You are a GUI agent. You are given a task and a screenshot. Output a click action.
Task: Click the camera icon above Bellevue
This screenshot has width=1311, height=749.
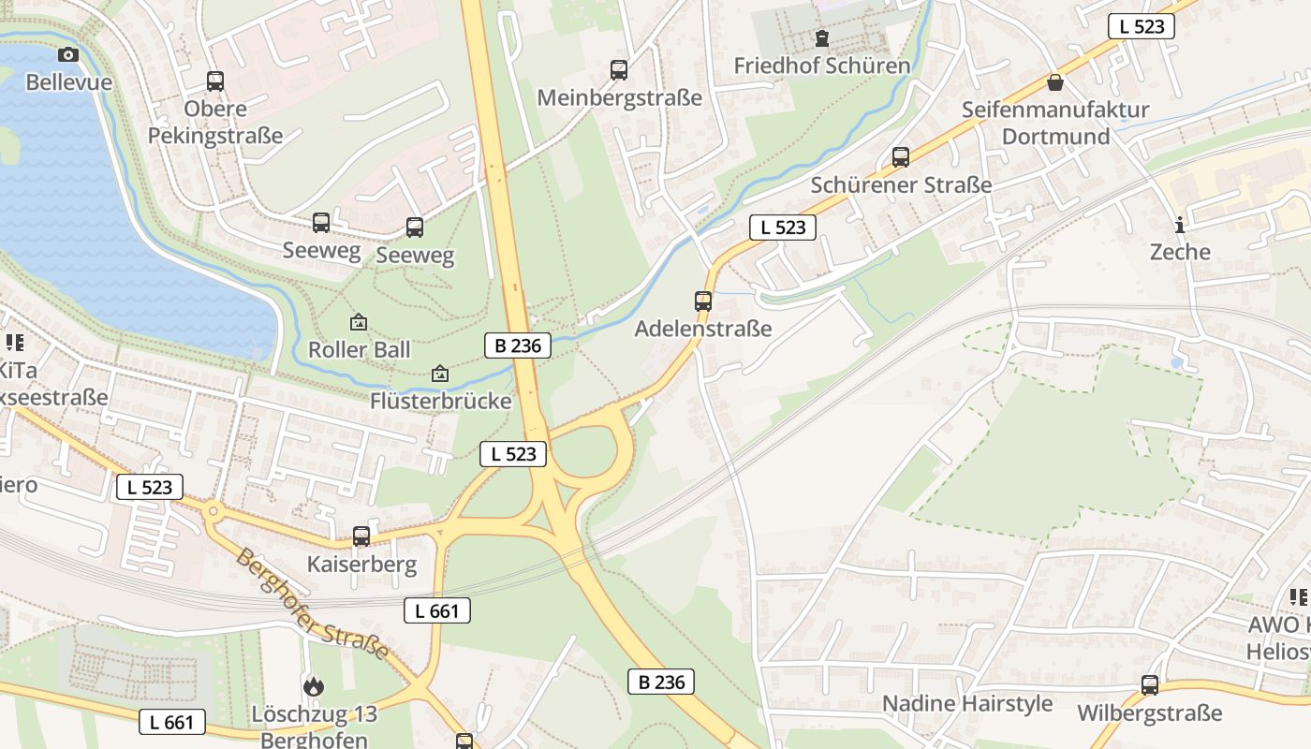click(x=68, y=55)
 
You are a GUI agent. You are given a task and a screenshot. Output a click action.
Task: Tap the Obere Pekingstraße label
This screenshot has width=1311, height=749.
click(x=215, y=122)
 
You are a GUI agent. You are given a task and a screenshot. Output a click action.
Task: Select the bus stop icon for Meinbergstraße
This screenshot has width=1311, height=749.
click(x=619, y=70)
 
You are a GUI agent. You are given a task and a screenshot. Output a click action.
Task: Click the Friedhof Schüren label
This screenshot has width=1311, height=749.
click(x=821, y=66)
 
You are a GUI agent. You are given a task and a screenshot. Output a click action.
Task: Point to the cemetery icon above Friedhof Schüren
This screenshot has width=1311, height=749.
click(x=822, y=38)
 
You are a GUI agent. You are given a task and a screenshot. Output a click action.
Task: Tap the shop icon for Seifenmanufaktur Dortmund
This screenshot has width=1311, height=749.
click(x=1055, y=82)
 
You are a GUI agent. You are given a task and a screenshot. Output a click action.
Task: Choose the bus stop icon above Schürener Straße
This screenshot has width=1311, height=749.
click(x=901, y=157)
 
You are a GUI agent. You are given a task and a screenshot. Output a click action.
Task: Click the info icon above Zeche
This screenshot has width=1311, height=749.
click(x=1180, y=225)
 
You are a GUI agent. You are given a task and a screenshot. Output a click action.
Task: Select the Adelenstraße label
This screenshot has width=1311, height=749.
click(x=703, y=329)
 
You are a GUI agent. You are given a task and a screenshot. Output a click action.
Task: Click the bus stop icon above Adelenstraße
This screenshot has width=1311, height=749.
click(x=703, y=301)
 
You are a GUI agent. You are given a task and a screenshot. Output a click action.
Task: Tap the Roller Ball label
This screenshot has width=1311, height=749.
click(x=360, y=349)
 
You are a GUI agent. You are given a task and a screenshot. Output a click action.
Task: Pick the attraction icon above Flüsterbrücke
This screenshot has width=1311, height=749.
click(x=440, y=374)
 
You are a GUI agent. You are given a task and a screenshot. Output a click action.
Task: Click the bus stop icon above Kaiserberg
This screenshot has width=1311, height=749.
click(x=361, y=536)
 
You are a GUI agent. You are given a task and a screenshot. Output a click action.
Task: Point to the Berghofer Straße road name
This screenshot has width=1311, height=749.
click(x=311, y=604)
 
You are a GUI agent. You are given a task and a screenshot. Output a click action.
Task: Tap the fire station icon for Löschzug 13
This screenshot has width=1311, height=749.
click(x=314, y=686)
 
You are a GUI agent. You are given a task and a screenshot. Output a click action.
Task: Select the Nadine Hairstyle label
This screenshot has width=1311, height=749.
click(x=967, y=703)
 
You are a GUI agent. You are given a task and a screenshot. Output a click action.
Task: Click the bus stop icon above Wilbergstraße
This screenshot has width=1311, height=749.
click(x=1150, y=685)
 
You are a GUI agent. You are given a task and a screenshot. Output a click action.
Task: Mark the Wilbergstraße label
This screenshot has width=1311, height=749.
click(x=1150, y=712)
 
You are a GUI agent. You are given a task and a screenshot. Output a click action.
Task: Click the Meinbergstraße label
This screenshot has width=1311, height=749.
click(x=619, y=97)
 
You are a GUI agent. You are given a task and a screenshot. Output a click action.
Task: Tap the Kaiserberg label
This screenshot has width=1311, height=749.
click(x=361, y=565)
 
